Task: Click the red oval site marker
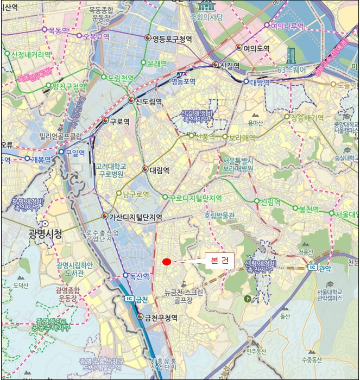[x=167, y=262]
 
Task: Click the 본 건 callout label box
[x=219, y=261]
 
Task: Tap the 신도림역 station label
[x=149, y=101]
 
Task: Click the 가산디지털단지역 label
[x=136, y=217]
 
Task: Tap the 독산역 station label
[x=138, y=276]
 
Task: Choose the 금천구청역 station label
[x=161, y=318]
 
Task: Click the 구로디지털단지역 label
[x=195, y=198]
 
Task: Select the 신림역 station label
[x=270, y=201]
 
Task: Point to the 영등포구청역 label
[x=172, y=39]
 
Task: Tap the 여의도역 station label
[x=257, y=48]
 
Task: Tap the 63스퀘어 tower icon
[x=292, y=55]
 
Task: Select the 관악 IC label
[x=324, y=268]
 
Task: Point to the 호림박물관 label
[x=219, y=216]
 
